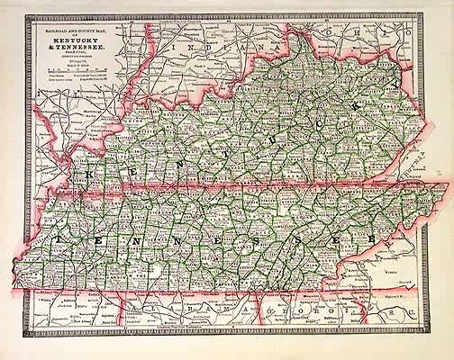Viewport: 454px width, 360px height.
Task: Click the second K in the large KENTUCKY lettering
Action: (x=364, y=98)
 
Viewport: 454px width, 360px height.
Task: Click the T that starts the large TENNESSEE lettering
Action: (x=57, y=239)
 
